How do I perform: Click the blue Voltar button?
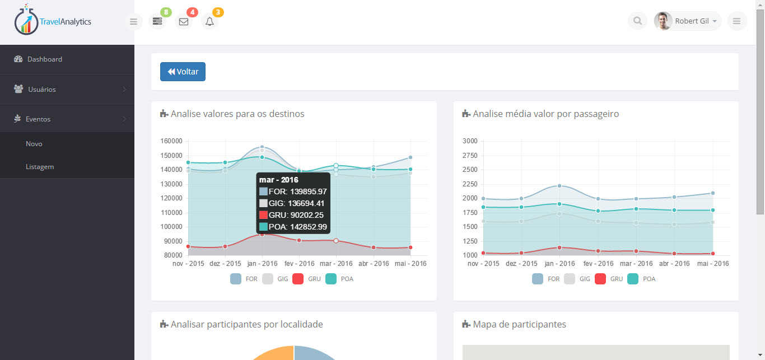tap(183, 72)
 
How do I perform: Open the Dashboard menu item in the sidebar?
tap(44, 59)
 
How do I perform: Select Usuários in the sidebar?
tap(41, 90)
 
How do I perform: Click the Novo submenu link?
tap(34, 144)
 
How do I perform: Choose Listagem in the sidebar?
tap(40, 167)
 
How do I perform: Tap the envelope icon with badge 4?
tap(183, 22)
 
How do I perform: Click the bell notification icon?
tap(209, 22)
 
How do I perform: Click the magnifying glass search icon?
tap(637, 21)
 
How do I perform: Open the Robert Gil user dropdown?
tap(688, 21)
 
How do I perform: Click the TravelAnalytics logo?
tap(53, 21)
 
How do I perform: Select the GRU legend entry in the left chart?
tap(307, 279)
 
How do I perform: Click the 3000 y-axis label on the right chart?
tap(470, 141)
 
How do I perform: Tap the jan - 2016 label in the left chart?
tap(262, 264)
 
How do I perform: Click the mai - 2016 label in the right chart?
tap(713, 264)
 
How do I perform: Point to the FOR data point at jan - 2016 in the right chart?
tap(559, 186)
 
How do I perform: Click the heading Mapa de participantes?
tap(519, 325)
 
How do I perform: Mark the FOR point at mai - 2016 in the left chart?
tap(411, 157)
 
